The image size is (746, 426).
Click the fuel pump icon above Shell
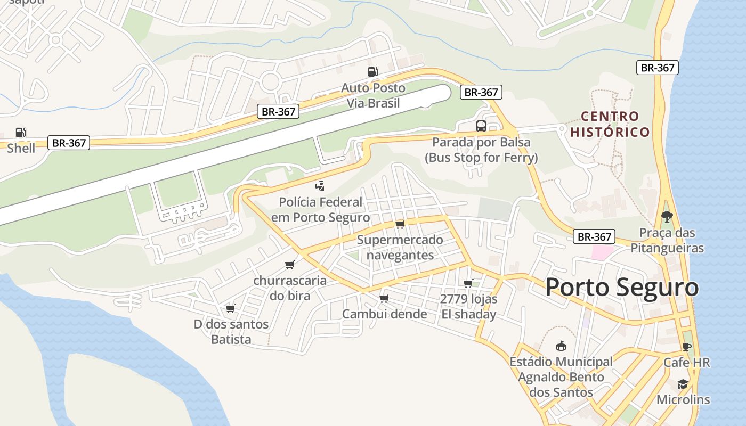tap(20, 132)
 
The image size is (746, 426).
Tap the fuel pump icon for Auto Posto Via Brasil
tap(373, 72)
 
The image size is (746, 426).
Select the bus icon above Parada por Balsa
tap(481, 126)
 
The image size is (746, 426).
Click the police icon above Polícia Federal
tap(320, 186)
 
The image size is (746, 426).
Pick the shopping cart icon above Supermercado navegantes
tap(400, 224)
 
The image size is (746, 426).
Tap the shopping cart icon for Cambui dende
tap(384, 298)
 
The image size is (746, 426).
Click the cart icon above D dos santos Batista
tap(230, 308)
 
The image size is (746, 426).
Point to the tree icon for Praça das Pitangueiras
tap(667, 217)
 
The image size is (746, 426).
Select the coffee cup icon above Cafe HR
tap(686, 347)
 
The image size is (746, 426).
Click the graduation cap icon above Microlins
tap(683, 384)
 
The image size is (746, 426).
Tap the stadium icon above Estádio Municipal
tap(561, 346)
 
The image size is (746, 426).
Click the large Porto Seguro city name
tap(621, 288)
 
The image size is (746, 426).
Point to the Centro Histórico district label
tap(610, 124)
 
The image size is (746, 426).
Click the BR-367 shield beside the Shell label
tap(69, 143)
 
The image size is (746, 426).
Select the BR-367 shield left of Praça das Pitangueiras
tap(594, 237)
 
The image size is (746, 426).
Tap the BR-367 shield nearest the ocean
tap(658, 68)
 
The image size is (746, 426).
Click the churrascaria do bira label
tap(290, 288)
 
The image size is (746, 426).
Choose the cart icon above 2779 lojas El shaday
tap(468, 283)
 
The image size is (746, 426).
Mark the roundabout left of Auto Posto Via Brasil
tap(270, 82)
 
